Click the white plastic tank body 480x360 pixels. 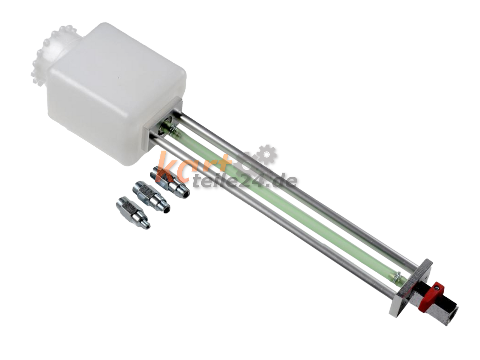[x=116, y=92]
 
